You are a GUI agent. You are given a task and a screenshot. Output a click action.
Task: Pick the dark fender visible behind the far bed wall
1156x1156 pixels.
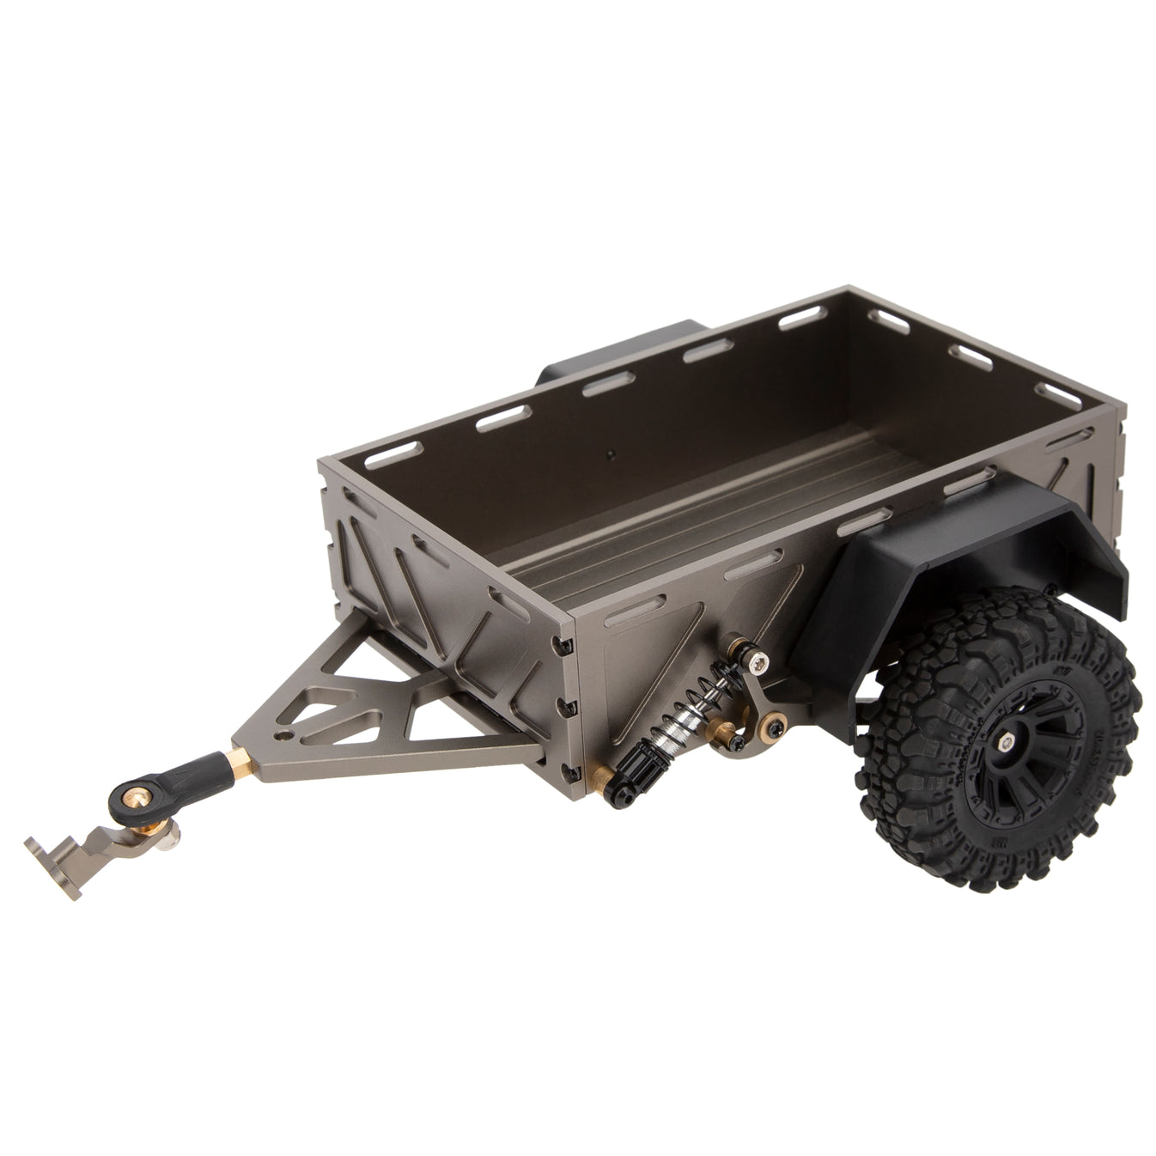[x=618, y=352]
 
